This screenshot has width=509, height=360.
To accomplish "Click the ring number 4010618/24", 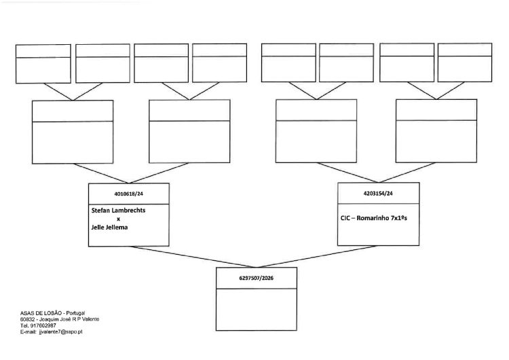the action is pyautogui.click(x=128, y=194).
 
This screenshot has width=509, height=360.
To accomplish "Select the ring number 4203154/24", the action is pyautogui.click(x=378, y=194).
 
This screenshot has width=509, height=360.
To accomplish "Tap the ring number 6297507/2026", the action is pyautogui.click(x=256, y=278).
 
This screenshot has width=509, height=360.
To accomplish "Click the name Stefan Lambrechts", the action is pyautogui.click(x=118, y=210).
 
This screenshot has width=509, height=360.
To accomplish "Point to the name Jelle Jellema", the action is pyautogui.click(x=109, y=228).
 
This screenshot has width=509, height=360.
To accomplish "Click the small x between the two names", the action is pyautogui.click(x=118, y=219).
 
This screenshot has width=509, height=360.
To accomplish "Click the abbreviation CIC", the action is pyautogui.click(x=345, y=217).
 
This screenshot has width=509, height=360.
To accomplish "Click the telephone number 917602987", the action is pyautogui.click(x=43, y=325).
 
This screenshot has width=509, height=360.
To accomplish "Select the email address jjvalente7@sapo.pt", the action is pyautogui.click(x=60, y=332).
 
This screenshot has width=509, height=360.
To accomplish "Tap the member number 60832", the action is pyautogui.click(x=26, y=319).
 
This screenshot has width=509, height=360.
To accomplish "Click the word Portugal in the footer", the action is pyautogui.click(x=75, y=313).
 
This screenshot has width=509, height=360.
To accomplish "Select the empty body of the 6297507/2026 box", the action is pyautogui.click(x=256, y=309).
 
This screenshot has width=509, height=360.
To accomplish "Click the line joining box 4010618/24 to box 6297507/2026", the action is pyautogui.click(x=193, y=257).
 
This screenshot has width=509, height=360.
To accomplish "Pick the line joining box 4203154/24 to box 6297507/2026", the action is pyautogui.click(x=317, y=257).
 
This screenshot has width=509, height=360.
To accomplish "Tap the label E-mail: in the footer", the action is pyautogui.click(x=29, y=332).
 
